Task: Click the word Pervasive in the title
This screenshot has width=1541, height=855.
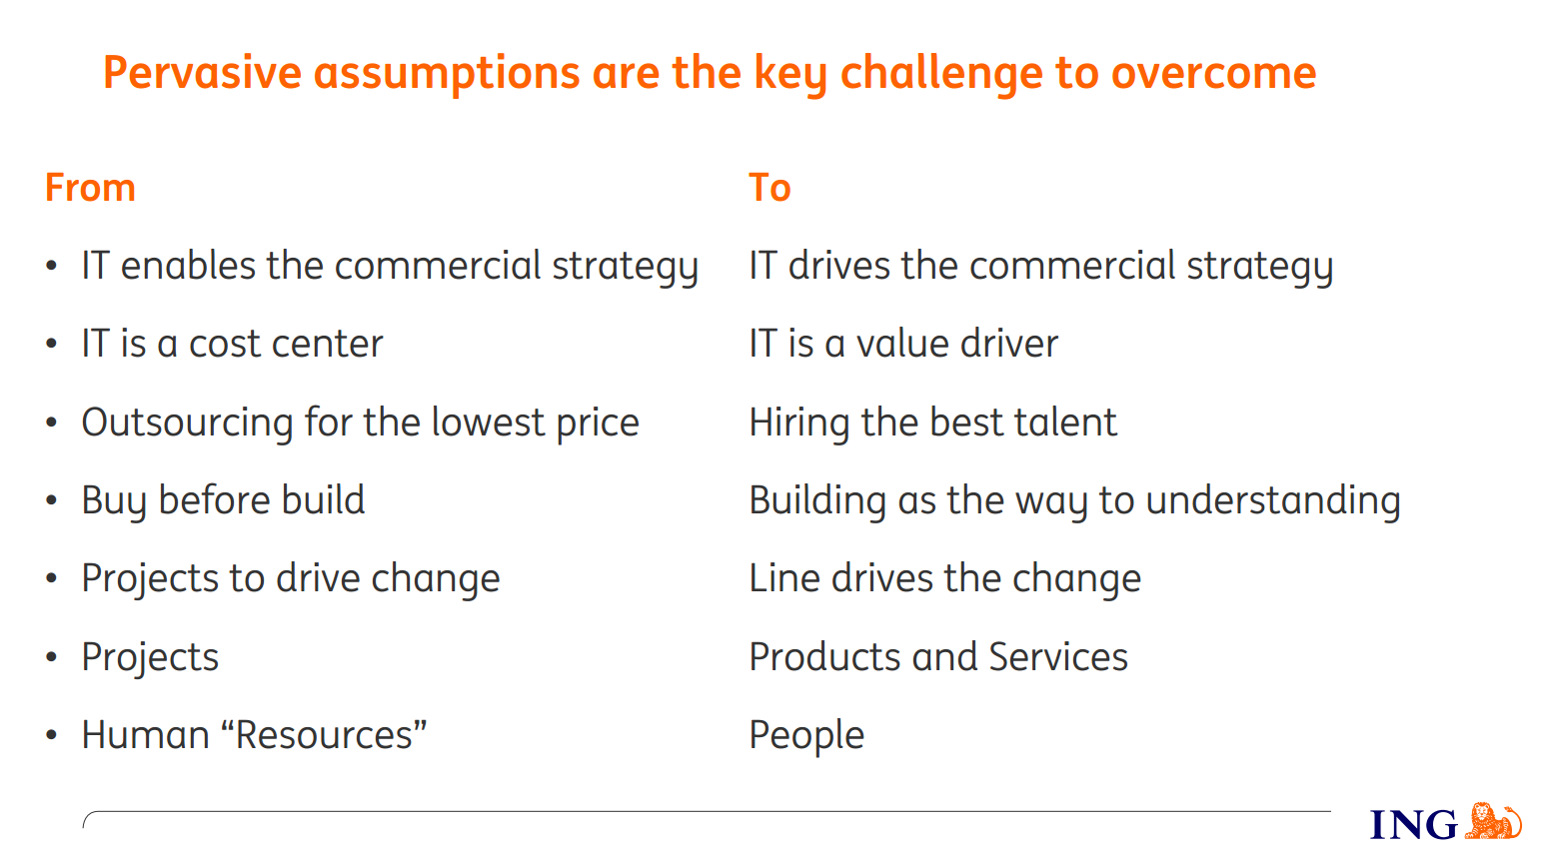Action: pyautogui.click(x=202, y=72)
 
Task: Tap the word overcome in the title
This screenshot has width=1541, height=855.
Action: pyautogui.click(x=1213, y=72)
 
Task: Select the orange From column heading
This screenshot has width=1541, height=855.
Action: pyautogui.click(x=90, y=187)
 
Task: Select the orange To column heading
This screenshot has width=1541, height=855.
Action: pyautogui.click(x=770, y=187)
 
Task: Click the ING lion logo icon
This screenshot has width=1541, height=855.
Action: pyautogui.click(x=1493, y=821)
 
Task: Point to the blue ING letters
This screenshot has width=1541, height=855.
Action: pyautogui.click(x=1413, y=824)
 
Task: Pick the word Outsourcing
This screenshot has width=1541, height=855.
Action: pyautogui.click(x=188, y=423)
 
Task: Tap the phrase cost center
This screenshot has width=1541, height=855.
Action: pyautogui.click(x=286, y=344)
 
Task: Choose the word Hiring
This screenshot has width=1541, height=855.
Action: pyautogui.click(x=799, y=423)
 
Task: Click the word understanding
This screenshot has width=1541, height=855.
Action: pyautogui.click(x=1273, y=500)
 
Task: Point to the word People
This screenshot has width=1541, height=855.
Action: pyautogui.click(x=806, y=735)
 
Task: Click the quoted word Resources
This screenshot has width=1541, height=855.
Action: pyautogui.click(x=325, y=734)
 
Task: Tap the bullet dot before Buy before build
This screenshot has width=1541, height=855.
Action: pyautogui.click(x=52, y=500)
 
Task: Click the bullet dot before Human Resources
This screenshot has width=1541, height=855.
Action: pyautogui.click(x=52, y=735)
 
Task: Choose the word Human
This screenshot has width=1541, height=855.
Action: pyautogui.click(x=146, y=734)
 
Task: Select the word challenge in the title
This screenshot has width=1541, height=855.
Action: pyautogui.click(x=941, y=74)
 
